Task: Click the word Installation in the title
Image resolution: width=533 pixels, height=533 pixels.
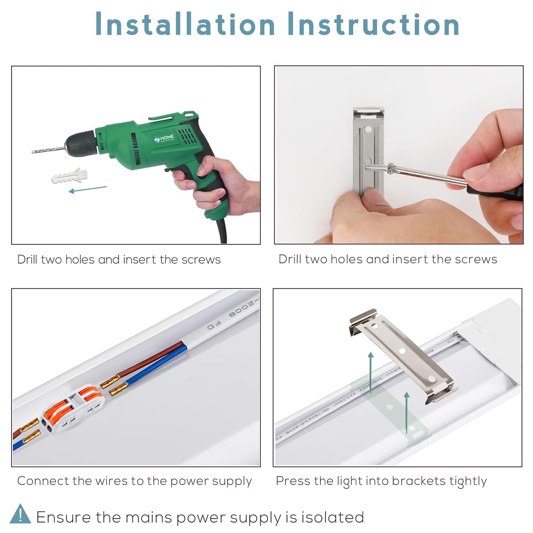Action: tap(185, 24)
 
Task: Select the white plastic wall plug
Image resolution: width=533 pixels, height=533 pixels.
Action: tap(69, 176)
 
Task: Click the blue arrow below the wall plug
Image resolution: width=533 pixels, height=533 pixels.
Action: tap(87, 189)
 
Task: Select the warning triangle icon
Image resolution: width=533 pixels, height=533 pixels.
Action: tap(20, 514)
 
